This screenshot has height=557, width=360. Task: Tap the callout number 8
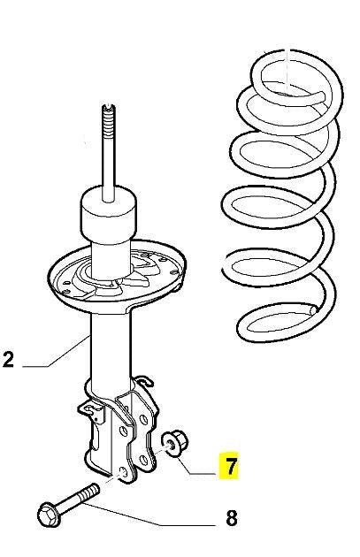232,518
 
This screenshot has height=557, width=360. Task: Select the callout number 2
8,359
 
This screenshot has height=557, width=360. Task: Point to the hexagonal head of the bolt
49,515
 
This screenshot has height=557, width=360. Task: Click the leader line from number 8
149,514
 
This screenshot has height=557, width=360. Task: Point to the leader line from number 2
56,352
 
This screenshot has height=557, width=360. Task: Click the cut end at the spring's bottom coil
313,309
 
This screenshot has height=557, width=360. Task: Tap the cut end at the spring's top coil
321,95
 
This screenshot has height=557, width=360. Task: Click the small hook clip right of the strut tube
145,381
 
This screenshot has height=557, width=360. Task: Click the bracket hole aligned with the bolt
123,473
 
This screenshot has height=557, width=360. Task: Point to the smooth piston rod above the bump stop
109,167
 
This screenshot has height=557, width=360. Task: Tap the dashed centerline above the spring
287,71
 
